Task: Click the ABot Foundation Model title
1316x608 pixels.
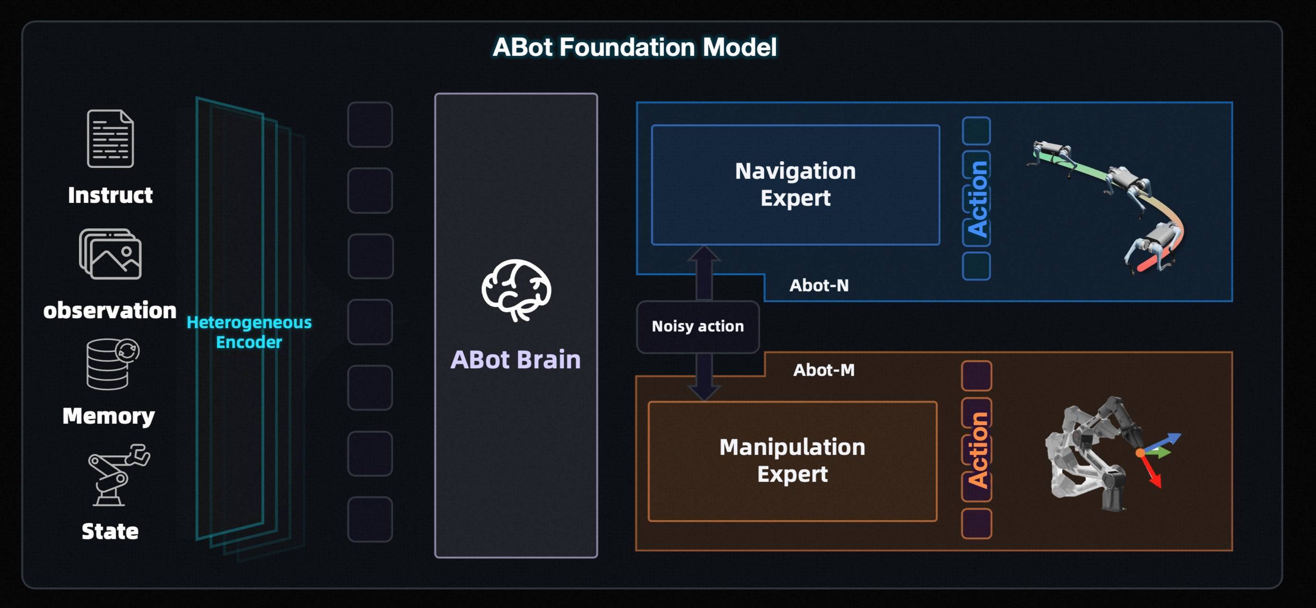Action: (x=634, y=47)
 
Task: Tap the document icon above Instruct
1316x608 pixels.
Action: (x=110, y=139)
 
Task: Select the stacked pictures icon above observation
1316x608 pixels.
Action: (x=110, y=254)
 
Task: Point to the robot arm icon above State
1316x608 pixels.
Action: (x=118, y=475)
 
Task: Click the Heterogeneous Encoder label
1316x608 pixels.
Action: (x=249, y=332)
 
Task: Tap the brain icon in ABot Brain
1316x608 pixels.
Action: (x=516, y=290)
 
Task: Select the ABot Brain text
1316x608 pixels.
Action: (x=516, y=359)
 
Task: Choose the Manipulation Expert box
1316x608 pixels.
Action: (x=792, y=460)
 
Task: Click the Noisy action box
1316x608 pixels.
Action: (x=698, y=326)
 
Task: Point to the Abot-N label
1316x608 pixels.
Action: (x=819, y=286)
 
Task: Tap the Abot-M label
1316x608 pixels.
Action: (x=824, y=370)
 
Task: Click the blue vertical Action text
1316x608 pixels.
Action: (x=977, y=199)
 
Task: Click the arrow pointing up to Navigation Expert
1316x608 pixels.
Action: (x=704, y=270)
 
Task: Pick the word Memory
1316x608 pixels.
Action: (x=108, y=416)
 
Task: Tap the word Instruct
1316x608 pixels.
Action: (x=110, y=195)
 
